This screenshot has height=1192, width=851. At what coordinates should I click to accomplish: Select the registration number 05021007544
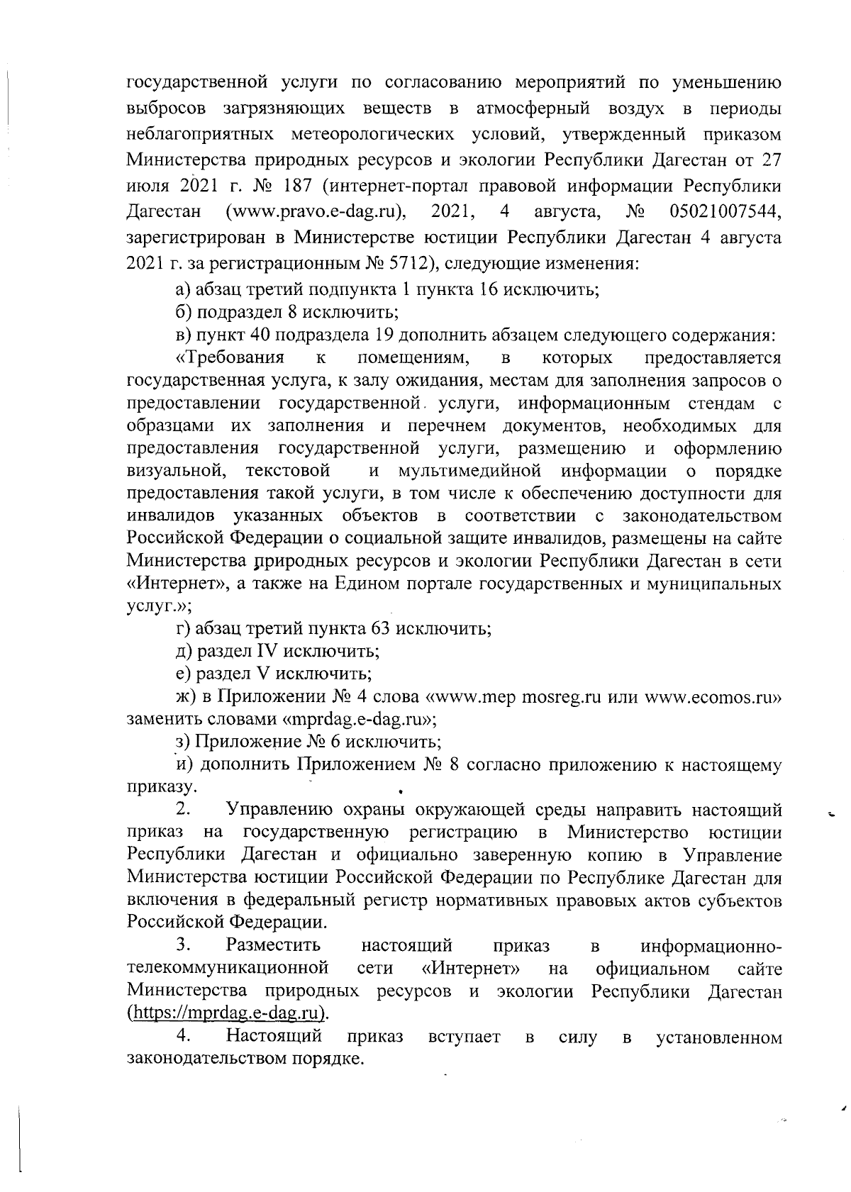[x=725, y=211]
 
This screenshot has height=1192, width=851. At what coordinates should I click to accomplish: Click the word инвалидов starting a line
[x=169, y=516]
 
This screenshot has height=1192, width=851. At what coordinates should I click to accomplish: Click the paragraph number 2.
[x=182, y=809]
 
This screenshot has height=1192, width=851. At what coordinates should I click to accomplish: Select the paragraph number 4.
[x=182, y=1036]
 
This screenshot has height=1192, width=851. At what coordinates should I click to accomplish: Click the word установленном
[x=719, y=1038]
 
